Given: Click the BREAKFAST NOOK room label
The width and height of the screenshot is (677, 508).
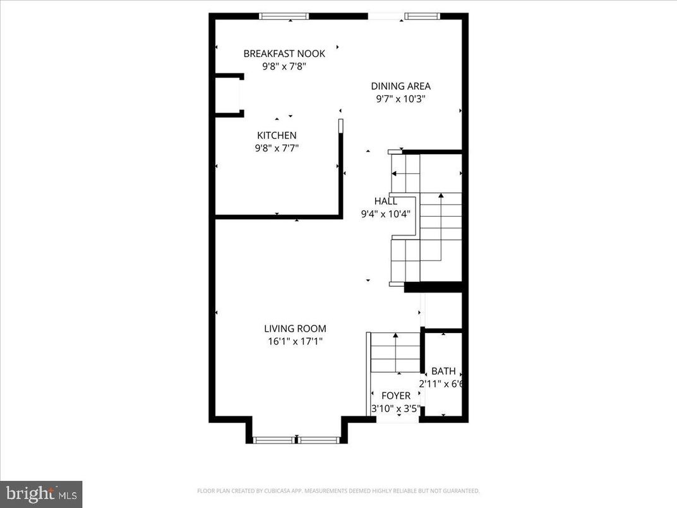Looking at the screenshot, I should (x=284, y=54).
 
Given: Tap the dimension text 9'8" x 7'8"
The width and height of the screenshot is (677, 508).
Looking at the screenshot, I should (x=284, y=66).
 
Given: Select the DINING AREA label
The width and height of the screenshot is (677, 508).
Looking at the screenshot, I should (x=400, y=87).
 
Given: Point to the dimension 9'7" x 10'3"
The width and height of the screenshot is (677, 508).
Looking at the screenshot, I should (x=400, y=99).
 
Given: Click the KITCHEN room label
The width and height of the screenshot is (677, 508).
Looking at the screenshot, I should (x=277, y=135).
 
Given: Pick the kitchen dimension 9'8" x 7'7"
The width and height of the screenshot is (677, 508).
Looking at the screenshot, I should (x=277, y=148).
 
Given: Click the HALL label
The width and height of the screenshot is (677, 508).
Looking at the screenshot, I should (x=385, y=201).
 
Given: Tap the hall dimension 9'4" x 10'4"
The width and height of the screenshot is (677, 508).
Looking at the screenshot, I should (x=385, y=214).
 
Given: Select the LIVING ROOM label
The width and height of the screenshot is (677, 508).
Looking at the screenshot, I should (x=295, y=329).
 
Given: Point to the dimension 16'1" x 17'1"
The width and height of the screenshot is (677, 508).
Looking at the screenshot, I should (x=295, y=341).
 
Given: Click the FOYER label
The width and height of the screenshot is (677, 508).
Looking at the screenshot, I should (x=395, y=396).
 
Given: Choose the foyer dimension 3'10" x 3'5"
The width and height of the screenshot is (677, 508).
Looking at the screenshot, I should (x=395, y=408).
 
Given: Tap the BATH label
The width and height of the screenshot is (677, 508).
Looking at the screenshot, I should (x=443, y=372).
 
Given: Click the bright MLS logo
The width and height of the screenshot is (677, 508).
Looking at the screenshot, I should (x=41, y=493).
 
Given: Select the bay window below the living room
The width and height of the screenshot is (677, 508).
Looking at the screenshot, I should (x=297, y=440).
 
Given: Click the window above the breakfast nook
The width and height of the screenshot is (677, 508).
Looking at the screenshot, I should (x=284, y=16).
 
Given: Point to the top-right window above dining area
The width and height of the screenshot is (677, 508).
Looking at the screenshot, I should (x=417, y=16).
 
